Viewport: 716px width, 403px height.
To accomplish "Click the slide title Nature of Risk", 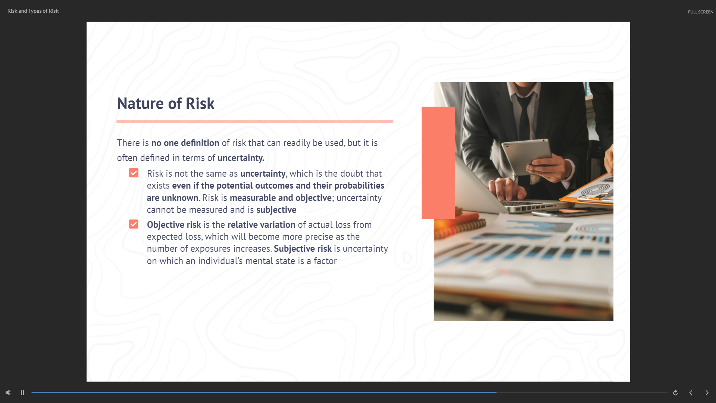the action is (x=166, y=103).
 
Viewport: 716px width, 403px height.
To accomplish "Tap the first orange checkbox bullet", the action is (x=134, y=173).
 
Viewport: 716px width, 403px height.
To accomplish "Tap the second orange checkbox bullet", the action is (x=134, y=224).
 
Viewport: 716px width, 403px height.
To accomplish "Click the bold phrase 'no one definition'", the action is (x=185, y=143).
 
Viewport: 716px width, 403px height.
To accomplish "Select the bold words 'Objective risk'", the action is (x=174, y=225).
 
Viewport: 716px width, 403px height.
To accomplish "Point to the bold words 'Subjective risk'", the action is (x=303, y=249).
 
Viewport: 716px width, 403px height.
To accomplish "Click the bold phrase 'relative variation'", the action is (x=261, y=225).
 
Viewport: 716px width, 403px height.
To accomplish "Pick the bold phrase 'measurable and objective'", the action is (x=281, y=198).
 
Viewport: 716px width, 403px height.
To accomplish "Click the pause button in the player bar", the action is (x=22, y=393).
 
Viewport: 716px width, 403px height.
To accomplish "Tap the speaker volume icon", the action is (x=8, y=393).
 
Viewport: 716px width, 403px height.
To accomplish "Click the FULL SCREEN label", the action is (x=701, y=12).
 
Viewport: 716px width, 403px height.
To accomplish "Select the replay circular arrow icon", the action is (x=675, y=393).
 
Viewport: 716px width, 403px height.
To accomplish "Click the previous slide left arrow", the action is (x=691, y=393).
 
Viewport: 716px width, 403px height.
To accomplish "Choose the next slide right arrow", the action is (x=707, y=393).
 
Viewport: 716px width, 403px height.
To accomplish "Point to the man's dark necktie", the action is (x=524, y=116).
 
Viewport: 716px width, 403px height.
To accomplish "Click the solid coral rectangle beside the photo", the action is (x=438, y=163).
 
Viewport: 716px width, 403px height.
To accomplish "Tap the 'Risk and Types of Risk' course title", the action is (x=33, y=11).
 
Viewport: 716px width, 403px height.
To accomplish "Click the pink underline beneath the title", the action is (x=255, y=121).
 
